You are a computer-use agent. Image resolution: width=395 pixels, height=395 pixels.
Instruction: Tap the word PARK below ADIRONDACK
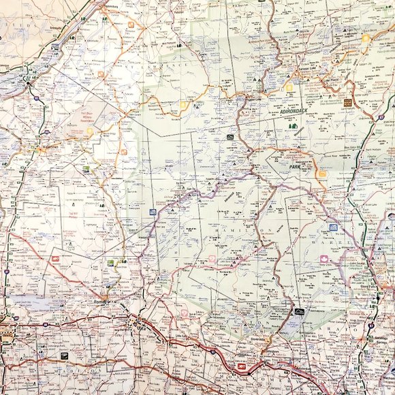point(295,166)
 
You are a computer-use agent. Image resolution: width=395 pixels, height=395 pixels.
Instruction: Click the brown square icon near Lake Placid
point(348,103)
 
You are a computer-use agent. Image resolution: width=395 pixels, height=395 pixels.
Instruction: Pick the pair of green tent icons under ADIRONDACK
point(294,126)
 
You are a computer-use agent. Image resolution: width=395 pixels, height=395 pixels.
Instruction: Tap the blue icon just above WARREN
point(333,227)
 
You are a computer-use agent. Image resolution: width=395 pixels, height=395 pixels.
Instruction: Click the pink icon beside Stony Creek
point(324,259)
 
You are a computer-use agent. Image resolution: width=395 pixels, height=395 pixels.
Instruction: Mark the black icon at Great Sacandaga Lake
point(298,313)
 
